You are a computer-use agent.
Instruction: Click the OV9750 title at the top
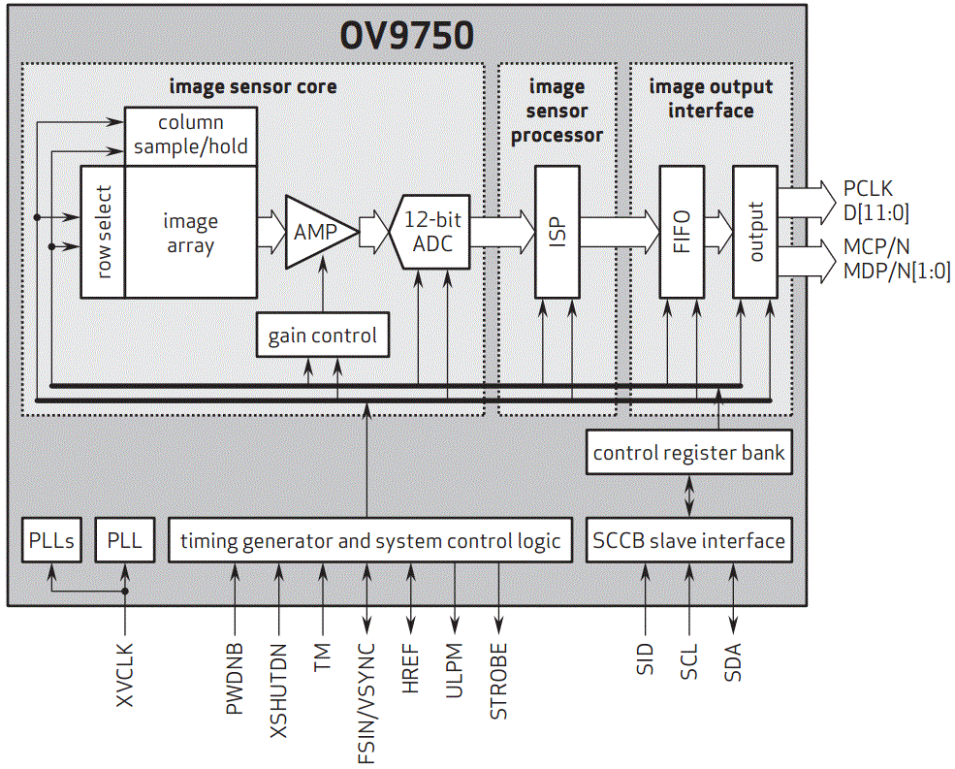coord(406,35)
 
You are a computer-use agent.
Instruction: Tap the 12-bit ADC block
coord(431,232)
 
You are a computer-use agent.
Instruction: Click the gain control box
coord(322,336)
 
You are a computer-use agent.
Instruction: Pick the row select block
coord(103,232)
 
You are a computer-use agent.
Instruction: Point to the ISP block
coord(557,232)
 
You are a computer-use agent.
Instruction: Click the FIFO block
coord(683,232)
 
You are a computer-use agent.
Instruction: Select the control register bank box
coord(688,453)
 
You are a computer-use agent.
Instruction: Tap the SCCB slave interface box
coord(688,540)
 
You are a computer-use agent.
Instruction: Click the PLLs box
coord(51,540)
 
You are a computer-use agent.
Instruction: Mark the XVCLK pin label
coord(125,675)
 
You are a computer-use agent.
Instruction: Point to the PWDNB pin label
coord(235,678)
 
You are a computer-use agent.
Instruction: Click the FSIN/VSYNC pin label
coord(366,703)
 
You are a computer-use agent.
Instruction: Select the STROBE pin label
coord(498,681)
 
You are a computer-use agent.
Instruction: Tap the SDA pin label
coord(733,661)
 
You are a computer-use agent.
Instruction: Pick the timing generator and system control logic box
coord(370,540)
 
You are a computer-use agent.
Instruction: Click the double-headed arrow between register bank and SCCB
coord(688,496)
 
